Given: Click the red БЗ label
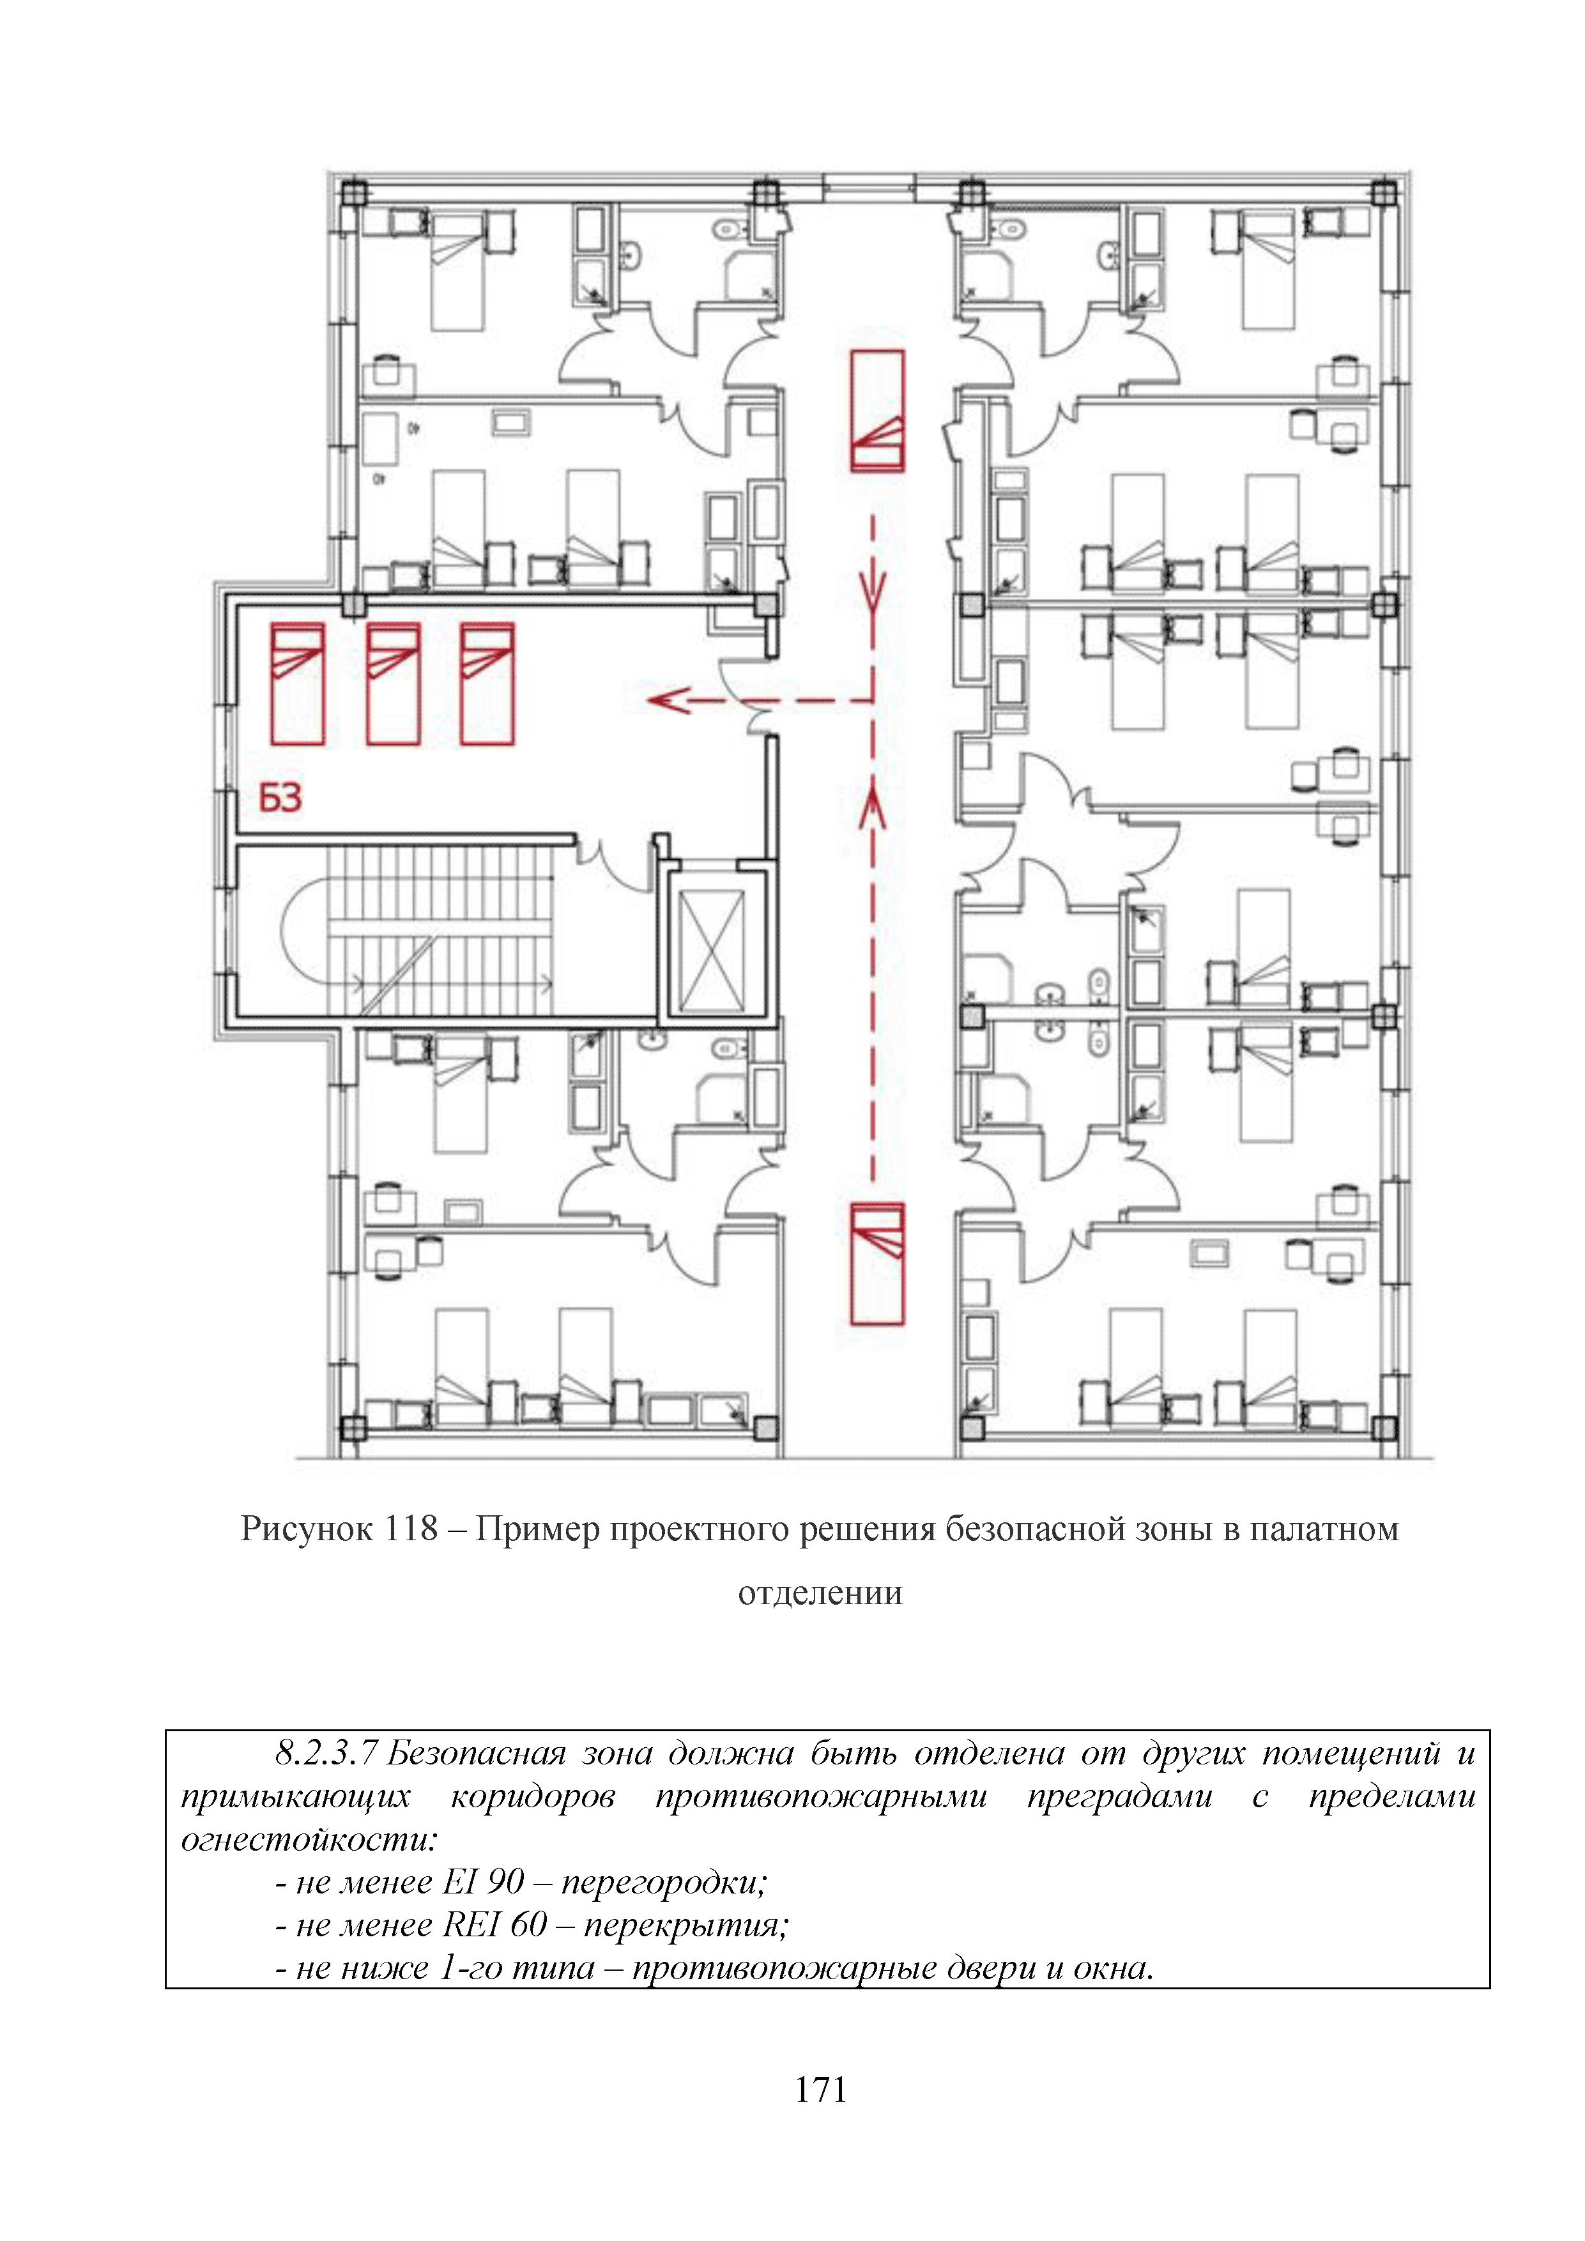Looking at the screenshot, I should click(x=280, y=799).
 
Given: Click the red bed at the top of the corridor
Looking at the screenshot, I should click(x=877, y=411).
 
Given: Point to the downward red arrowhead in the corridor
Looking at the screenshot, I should click(x=873, y=590).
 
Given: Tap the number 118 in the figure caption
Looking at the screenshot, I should click(x=411, y=1529).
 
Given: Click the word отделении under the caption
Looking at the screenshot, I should click(x=820, y=1593).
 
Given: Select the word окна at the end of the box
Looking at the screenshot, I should click(x=1112, y=1967).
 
